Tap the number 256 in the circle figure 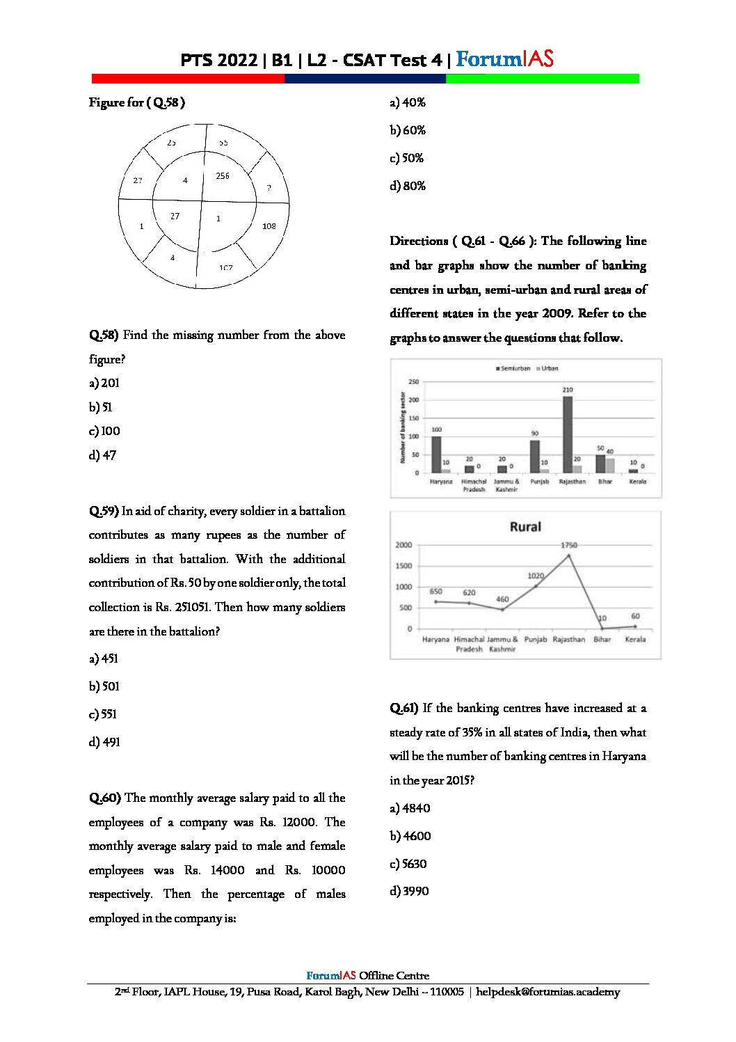(x=223, y=176)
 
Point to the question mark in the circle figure (x=269, y=188)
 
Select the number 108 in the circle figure (x=269, y=226)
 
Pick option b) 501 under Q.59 (x=104, y=686)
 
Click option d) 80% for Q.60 (x=408, y=186)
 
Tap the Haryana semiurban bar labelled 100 (x=436, y=455)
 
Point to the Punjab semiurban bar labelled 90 (x=535, y=456)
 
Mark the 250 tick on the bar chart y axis (x=414, y=382)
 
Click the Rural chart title (x=525, y=527)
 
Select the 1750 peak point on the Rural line (x=569, y=555)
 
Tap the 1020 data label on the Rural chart (x=535, y=576)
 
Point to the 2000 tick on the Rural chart (x=403, y=545)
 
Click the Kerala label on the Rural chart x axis (x=635, y=639)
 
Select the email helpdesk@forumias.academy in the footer (x=547, y=992)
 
